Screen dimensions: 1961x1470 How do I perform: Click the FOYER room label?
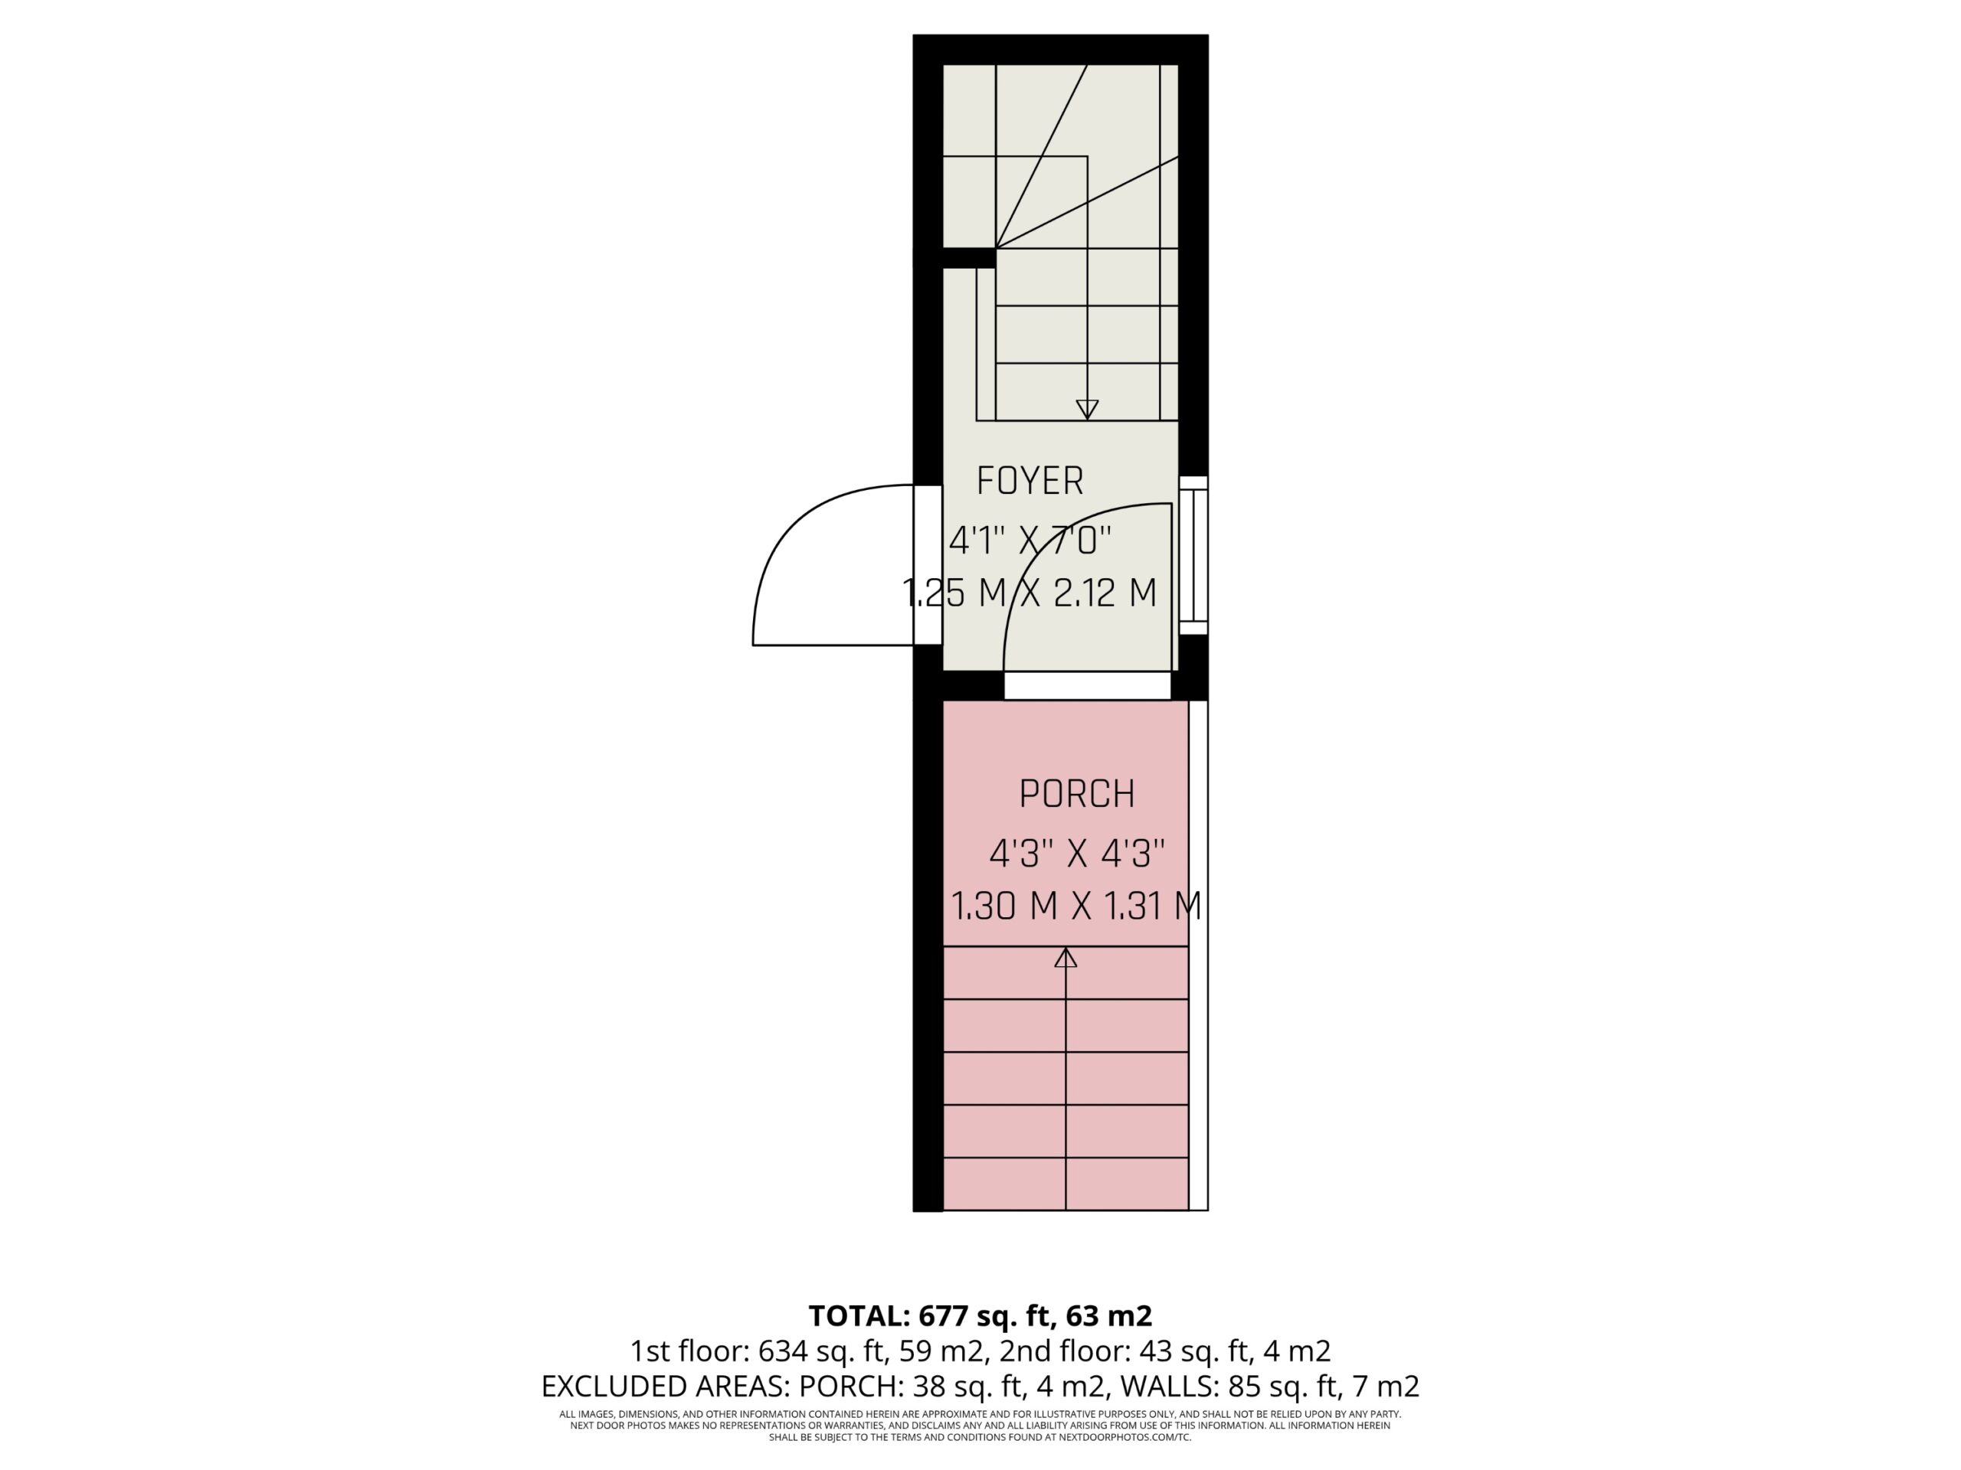(1030, 481)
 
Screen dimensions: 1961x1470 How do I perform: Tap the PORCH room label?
(1076, 794)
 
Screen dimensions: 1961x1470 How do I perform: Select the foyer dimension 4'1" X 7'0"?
(1030, 540)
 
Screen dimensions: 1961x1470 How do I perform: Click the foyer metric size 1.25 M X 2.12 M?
(1030, 593)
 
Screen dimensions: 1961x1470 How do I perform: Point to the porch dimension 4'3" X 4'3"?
(1076, 854)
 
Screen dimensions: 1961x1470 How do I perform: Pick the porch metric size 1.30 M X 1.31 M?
(1076, 906)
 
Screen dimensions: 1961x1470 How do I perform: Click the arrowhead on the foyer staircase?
(1087, 410)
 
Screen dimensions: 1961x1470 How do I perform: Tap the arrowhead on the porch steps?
(1066, 957)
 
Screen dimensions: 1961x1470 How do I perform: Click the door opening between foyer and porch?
(1087, 685)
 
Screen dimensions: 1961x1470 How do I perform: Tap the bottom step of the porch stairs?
(1066, 1184)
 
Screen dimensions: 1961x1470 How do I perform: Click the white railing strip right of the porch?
(1198, 955)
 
